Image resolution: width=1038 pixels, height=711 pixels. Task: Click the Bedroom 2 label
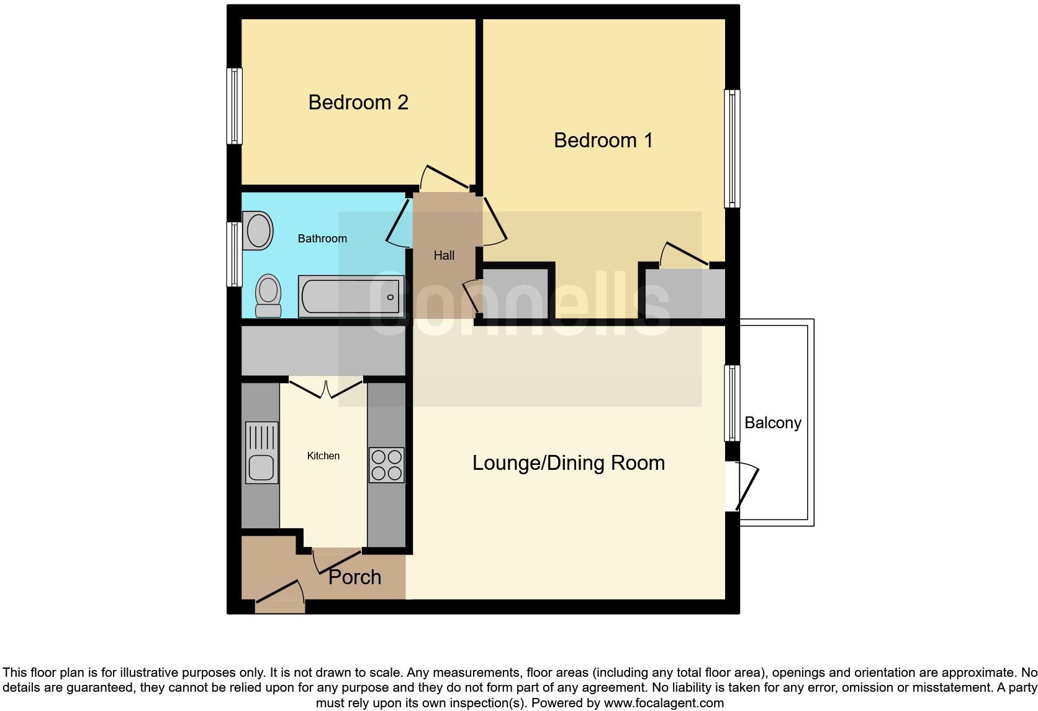coord(358,103)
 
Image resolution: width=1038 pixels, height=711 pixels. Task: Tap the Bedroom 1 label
coord(603,140)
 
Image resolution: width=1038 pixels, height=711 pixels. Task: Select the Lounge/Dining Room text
coord(568,463)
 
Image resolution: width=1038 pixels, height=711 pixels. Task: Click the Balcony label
coord(772,423)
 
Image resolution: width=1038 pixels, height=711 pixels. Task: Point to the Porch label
coord(354,577)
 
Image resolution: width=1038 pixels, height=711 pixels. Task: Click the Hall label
coord(443,255)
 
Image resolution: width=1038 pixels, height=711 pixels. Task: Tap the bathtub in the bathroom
coord(351,296)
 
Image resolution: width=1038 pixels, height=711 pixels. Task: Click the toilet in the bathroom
coord(268,296)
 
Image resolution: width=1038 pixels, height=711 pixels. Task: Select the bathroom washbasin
coord(258,231)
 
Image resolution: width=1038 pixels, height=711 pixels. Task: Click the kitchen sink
coord(262,452)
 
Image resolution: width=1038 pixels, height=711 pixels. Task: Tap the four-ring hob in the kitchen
coord(386,465)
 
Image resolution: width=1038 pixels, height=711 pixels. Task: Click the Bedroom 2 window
coord(234,106)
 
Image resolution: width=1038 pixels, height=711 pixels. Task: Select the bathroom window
coord(234,254)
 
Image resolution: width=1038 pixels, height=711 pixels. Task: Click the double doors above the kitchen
coord(326,388)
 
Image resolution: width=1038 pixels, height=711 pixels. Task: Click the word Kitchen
coord(323,456)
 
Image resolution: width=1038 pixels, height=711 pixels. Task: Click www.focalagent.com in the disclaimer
coord(663,704)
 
